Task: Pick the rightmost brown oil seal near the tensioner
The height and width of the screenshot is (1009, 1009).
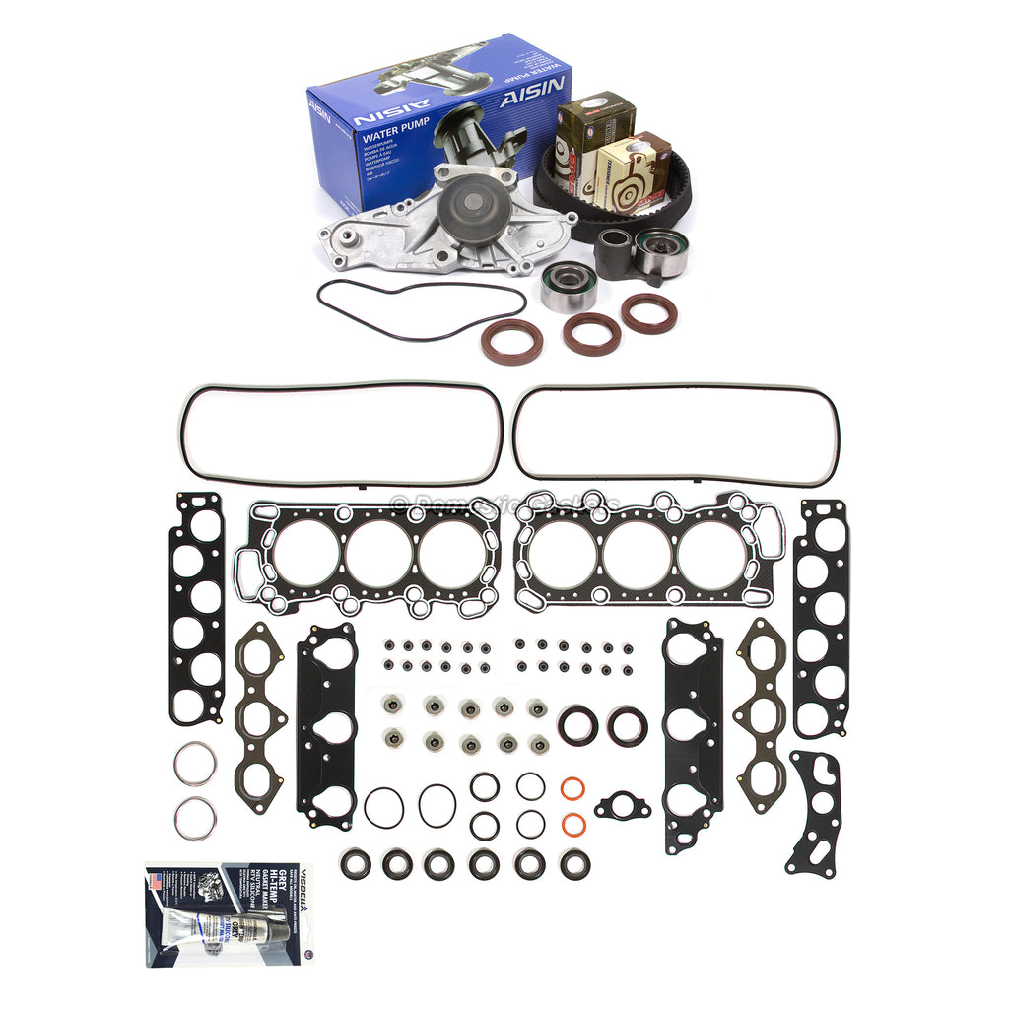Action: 649,313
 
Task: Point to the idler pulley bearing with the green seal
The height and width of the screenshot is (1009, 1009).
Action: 570,286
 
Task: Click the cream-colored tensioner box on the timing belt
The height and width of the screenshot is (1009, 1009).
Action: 632,173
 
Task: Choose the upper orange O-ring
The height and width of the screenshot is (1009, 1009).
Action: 573,789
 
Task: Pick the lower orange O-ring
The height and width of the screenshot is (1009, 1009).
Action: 573,822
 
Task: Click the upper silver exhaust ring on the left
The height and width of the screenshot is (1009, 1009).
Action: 194,762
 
